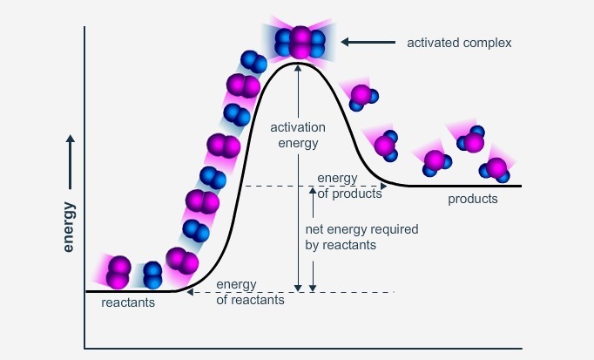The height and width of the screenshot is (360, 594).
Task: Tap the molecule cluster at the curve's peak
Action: point(300,40)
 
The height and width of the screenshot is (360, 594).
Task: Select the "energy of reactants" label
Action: point(250,292)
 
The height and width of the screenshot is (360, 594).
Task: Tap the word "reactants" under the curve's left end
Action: point(128,303)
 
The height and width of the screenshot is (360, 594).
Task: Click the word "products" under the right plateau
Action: point(473,199)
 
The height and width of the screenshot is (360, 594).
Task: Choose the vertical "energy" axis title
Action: point(69,227)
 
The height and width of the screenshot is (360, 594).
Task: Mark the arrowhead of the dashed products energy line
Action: point(383,186)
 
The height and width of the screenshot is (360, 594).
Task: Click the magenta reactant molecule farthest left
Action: point(118,271)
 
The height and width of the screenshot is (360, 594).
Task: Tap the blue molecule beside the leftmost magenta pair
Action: point(152,275)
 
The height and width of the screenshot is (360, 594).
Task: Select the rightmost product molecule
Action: point(496,167)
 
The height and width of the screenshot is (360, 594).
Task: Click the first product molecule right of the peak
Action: point(361,95)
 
